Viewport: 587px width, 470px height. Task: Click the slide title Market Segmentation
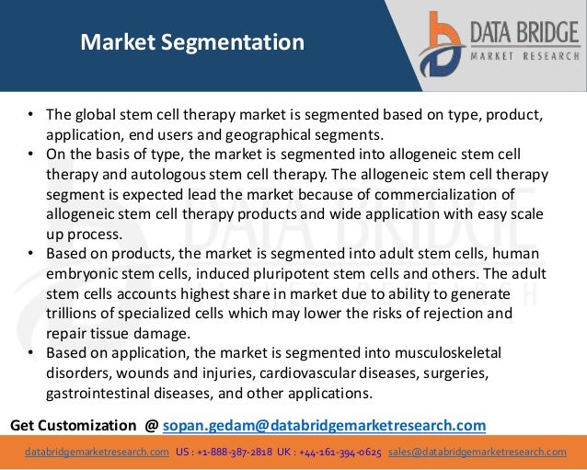tap(191, 42)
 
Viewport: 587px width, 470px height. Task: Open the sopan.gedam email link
tap(324, 425)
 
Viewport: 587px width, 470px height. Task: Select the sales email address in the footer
tap(477, 452)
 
